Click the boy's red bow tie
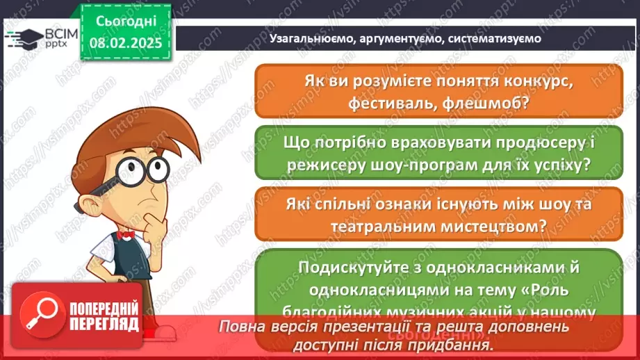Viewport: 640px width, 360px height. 125,236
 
